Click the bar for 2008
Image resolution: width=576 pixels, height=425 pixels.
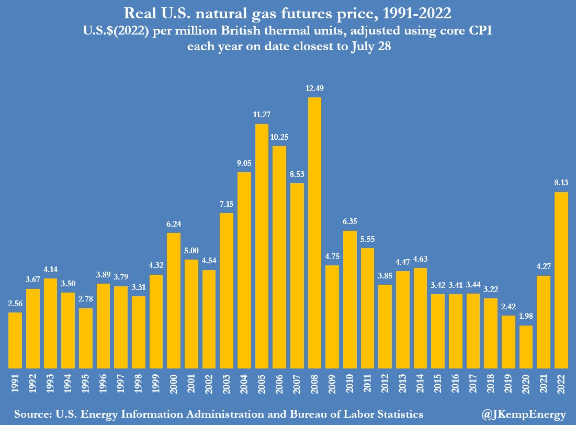point(314,232)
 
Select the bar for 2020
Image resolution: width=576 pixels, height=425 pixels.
point(526,346)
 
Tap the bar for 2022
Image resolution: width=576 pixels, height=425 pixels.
point(561,279)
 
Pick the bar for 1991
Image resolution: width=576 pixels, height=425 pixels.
point(15,340)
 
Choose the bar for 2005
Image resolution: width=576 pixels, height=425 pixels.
point(262,245)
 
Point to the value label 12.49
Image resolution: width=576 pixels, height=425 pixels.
point(314,88)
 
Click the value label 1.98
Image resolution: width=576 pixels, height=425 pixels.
point(526,317)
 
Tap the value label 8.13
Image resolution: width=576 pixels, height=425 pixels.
point(561,183)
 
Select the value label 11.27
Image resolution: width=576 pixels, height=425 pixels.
point(262,115)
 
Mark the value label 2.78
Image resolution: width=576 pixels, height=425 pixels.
point(86,299)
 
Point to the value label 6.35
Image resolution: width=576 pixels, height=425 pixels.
point(349,221)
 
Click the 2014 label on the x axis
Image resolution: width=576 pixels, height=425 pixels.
point(420,384)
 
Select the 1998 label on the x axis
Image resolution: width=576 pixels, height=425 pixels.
point(139,384)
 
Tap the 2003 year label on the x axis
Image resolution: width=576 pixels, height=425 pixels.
point(227,384)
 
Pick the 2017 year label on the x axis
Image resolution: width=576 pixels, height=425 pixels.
point(473,384)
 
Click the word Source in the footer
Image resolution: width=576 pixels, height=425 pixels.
point(31,413)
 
